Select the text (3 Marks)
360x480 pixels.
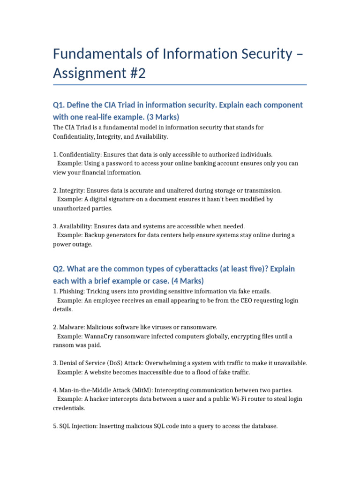156,117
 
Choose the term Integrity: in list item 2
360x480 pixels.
72,191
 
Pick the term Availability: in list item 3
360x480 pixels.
75,226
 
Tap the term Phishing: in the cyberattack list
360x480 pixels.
72,291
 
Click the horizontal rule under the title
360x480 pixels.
180,85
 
